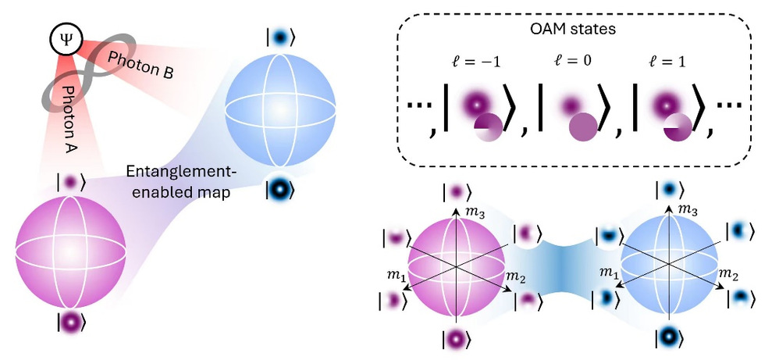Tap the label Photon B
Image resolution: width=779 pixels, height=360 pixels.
point(140,66)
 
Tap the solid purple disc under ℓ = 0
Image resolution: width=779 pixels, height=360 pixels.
point(582,127)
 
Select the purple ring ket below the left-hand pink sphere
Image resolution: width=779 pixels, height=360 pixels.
point(72,320)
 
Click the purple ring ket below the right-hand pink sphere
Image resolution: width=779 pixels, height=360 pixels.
point(456,338)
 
